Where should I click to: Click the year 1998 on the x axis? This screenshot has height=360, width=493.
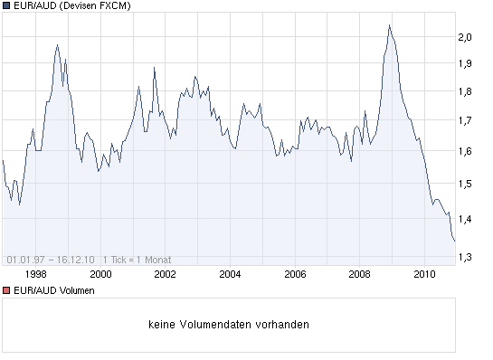coord(35,272)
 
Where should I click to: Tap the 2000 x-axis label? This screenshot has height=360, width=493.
coord(100,272)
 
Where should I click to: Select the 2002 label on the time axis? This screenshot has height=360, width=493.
coord(165,272)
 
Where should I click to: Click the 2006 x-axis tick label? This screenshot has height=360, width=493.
coord(295,272)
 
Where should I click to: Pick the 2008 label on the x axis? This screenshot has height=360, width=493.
coord(360,272)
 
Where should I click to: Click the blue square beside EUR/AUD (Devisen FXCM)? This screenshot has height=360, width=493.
coord(6,6)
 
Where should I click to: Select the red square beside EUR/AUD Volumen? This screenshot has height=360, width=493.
coord(6,290)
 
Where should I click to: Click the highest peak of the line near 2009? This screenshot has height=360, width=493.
coord(388,25)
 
